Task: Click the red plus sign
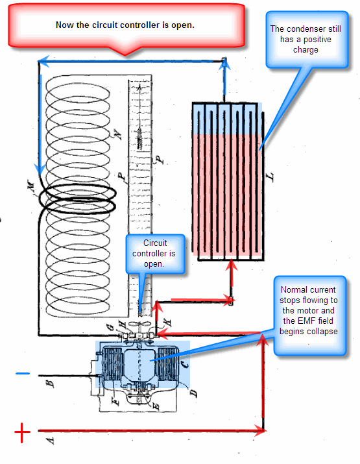[22, 433]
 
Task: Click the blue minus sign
[23, 373]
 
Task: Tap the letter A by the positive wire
[51, 441]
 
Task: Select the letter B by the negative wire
[51, 384]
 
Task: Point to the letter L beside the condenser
[270, 177]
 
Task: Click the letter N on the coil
[117, 134]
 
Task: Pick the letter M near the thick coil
[30, 185]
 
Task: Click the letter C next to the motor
[184, 364]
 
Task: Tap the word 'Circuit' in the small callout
[155, 243]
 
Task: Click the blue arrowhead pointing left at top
[43, 61]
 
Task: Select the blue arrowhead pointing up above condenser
[224, 64]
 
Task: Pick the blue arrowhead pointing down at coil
[40, 170]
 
